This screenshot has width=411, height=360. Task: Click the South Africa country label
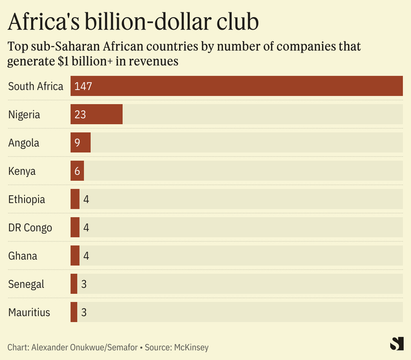[x=36, y=86]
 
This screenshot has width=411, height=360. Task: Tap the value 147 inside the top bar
[x=82, y=86]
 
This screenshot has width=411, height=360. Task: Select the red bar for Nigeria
[x=96, y=115]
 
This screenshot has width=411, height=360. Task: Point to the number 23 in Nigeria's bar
[x=80, y=115]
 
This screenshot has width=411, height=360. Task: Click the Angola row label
[x=23, y=143]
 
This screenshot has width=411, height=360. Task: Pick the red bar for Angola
[x=80, y=143]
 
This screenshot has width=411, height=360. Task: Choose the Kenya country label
[x=22, y=171]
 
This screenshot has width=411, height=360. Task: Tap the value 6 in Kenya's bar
[x=77, y=171]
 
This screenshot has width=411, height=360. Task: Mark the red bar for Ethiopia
[x=75, y=199]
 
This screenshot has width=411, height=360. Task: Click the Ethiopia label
[x=27, y=199]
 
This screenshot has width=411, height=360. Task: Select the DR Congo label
[x=30, y=228]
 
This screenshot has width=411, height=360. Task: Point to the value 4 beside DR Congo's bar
[x=86, y=228]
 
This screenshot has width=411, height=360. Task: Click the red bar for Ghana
[x=75, y=256]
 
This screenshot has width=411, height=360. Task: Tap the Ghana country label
[x=23, y=256]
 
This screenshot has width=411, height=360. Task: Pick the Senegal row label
[x=26, y=284]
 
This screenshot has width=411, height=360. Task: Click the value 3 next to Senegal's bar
[x=84, y=284]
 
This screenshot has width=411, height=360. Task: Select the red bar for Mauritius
[x=74, y=312]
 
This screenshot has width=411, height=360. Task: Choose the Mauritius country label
[x=29, y=312]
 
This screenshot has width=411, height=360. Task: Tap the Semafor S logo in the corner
[x=397, y=344]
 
